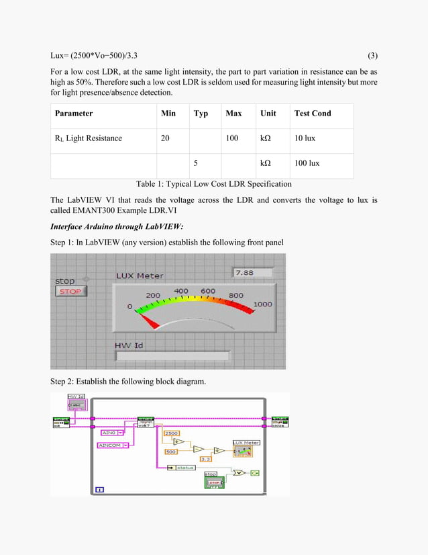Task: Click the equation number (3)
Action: pyautogui.click(x=372, y=55)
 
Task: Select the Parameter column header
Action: pyautogui.click(x=74, y=114)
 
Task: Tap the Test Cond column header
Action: pyautogui.click(x=313, y=114)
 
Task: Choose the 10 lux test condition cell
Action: pyautogui.click(x=307, y=138)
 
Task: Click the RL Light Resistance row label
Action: pyautogui.click(x=89, y=138)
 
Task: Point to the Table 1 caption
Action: pyautogui.click(x=213, y=184)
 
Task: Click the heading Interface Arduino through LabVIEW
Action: pyautogui.click(x=117, y=226)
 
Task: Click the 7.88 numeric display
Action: pyautogui.click(x=252, y=272)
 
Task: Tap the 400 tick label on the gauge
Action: pyautogui.click(x=181, y=291)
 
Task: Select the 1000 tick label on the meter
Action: pyautogui.click(x=262, y=304)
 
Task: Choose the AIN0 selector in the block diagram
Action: pyautogui.click(x=110, y=433)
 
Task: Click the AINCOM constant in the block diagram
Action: pyautogui.click(x=113, y=445)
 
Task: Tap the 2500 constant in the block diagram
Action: pyautogui.click(x=171, y=433)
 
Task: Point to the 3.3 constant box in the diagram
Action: pyautogui.click(x=206, y=459)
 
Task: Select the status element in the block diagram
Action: pyautogui.click(x=185, y=467)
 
